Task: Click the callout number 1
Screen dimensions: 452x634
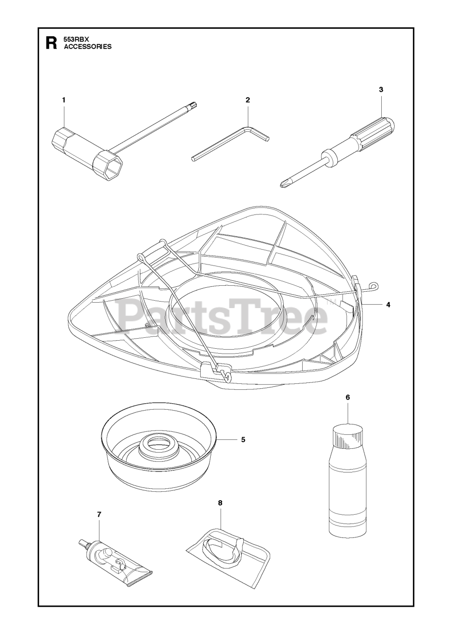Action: [x=64, y=100]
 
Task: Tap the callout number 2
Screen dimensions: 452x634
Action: [x=248, y=100]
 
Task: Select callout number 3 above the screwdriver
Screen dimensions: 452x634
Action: [x=381, y=90]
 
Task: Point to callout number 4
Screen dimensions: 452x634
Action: [x=388, y=305]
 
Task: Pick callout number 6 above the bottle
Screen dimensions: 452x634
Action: [x=348, y=397]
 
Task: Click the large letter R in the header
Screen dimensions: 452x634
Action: [x=51, y=43]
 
